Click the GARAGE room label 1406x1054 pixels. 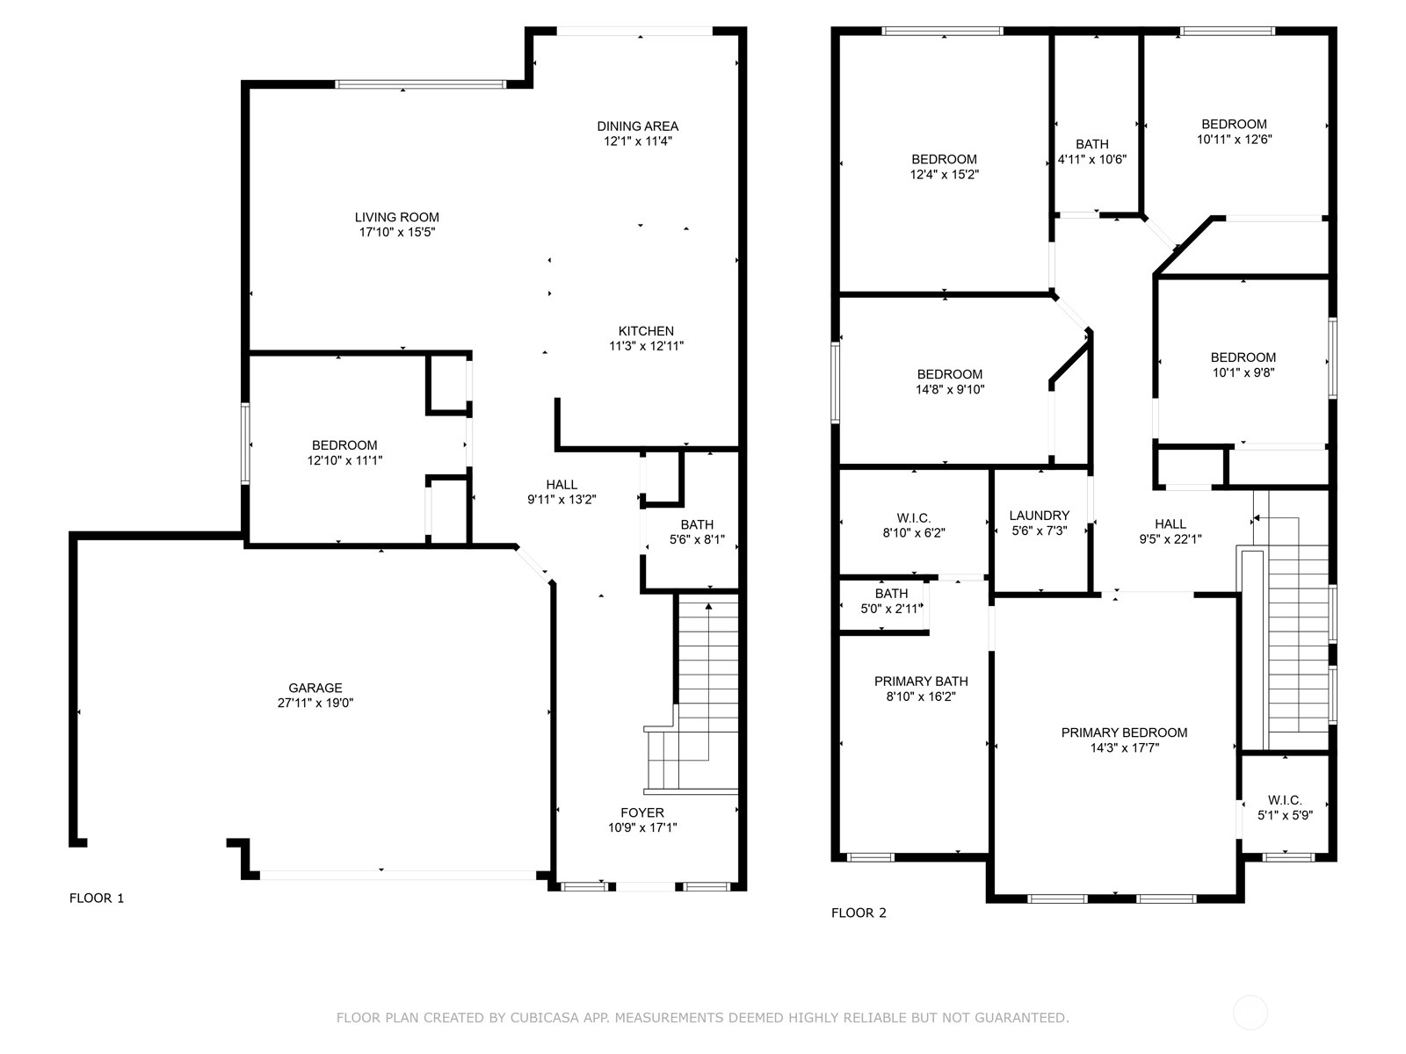[315, 688]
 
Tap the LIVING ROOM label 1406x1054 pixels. [397, 218]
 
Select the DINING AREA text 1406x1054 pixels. [637, 126]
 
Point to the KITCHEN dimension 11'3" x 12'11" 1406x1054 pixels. [646, 346]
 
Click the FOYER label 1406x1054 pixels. [642, 812]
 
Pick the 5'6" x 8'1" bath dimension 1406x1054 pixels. [697, 539]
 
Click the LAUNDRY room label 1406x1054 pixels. [1039, 516]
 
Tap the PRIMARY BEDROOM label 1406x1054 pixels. [1124, 733]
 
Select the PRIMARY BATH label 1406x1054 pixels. [921, 682]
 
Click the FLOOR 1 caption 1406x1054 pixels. [97, 898]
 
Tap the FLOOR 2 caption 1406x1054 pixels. [859, 913]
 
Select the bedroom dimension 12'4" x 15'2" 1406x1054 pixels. [944, 174]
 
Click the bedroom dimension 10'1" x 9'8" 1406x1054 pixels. [1243, 372]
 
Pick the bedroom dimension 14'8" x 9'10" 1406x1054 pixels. [950, 389]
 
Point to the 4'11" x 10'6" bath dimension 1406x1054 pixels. [1092, 159]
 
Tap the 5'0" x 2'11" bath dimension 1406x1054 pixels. [891, 609]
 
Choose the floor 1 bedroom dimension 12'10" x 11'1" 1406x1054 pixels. [344, 460]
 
